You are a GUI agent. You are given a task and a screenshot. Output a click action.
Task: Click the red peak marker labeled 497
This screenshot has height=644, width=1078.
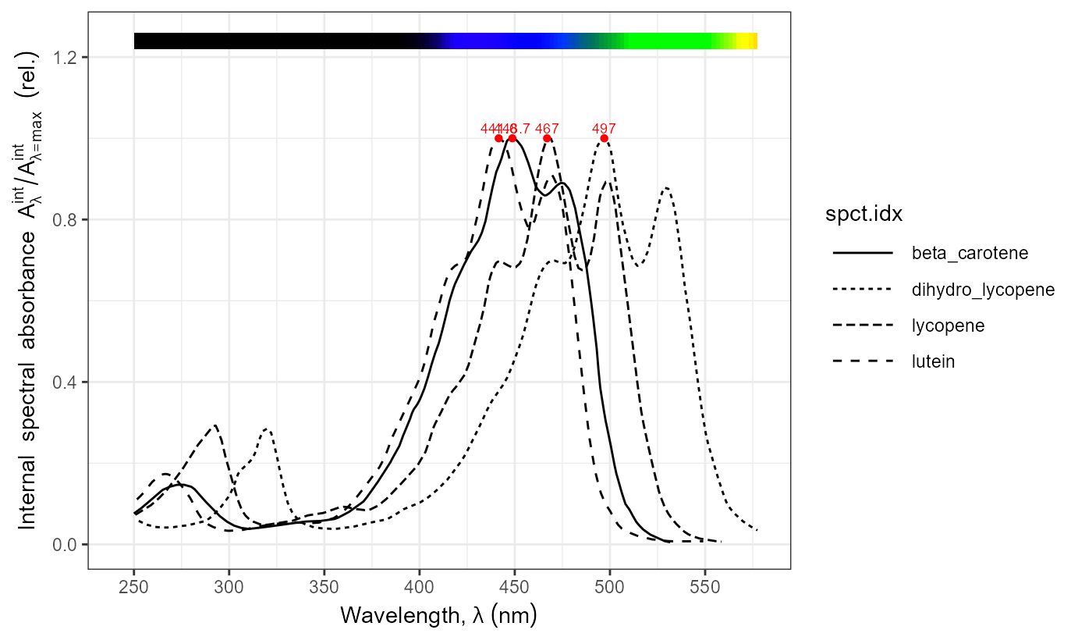[604, 138]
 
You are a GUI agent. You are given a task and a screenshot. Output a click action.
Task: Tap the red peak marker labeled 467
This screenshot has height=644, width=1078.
[547, 138]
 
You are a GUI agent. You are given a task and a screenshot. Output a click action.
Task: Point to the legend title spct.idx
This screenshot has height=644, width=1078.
[864, 216]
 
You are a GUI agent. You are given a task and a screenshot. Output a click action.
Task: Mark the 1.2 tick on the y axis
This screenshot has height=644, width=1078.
[67, 57]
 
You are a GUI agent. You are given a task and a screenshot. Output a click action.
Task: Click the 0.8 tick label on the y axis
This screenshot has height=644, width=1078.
[67, 219]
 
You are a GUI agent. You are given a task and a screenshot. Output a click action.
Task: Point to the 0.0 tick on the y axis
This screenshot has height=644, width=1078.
[67, 544]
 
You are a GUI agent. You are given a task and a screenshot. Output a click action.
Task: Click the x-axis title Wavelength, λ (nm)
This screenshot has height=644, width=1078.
[438, 616]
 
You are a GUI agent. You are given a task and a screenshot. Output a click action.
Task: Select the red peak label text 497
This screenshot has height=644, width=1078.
[604, 128]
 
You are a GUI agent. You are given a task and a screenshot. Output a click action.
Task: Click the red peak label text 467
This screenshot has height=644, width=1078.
[547, 128]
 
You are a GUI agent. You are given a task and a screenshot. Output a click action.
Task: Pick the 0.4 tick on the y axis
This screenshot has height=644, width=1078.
[67, 382]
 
